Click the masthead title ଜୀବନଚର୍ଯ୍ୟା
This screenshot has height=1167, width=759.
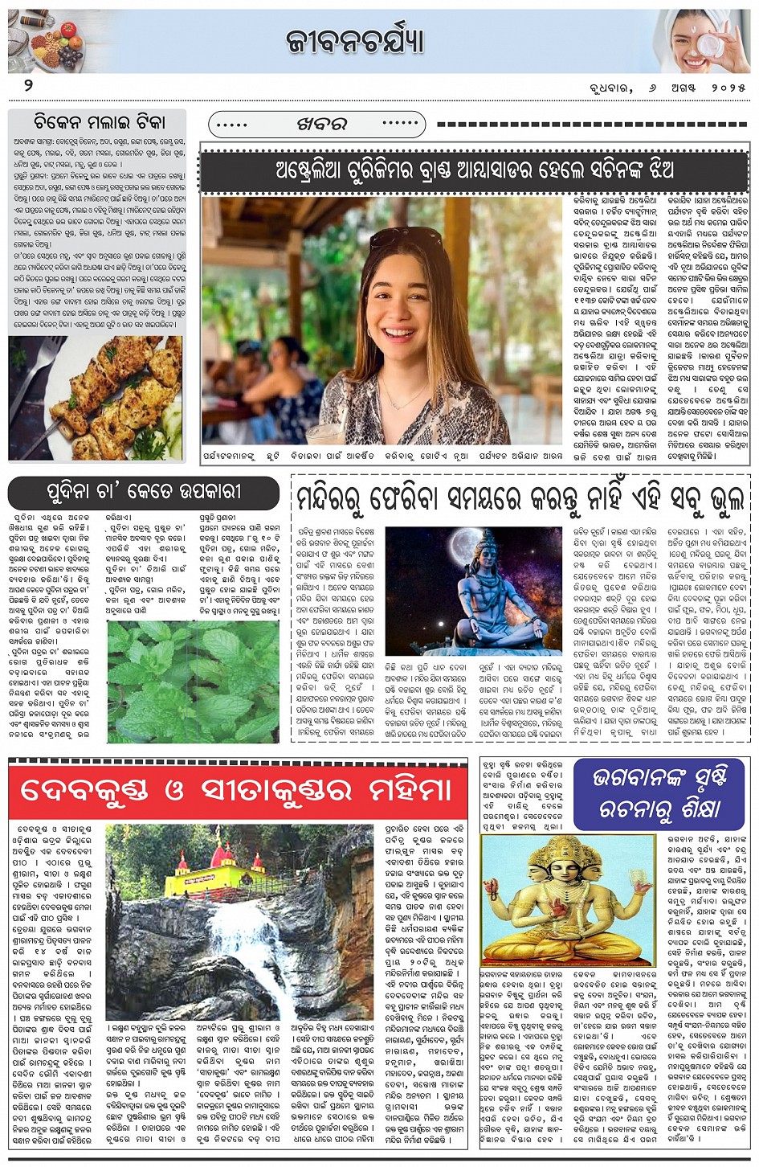point(355,41)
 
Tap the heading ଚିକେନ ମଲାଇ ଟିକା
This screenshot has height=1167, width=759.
point(100,122)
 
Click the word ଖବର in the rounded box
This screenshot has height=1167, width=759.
point(321,125)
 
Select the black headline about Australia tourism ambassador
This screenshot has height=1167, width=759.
point(474,170)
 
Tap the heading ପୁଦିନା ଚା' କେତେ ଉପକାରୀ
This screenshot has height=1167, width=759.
point(143,491)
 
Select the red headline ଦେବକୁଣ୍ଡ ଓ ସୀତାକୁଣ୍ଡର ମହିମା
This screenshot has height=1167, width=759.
point(237,791)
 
